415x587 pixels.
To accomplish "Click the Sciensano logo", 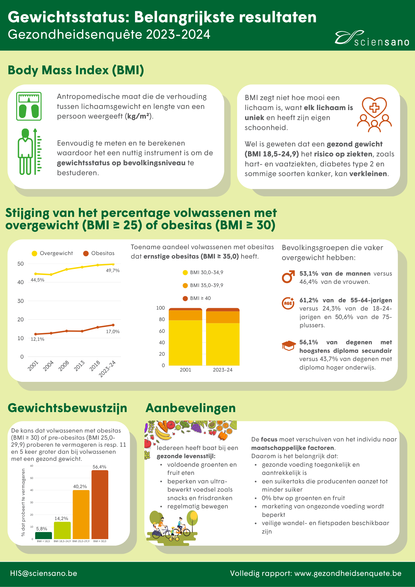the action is (372, 38).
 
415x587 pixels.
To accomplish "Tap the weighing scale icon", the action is (29, 106).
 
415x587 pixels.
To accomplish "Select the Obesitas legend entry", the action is (99, 253).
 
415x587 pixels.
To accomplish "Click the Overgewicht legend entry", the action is (52, 253).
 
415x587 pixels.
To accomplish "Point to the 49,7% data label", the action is (113, 271).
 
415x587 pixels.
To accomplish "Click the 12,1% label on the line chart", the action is (38, 339).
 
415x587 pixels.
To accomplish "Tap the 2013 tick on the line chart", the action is (79, 366).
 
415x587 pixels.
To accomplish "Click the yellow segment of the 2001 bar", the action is (185, 343).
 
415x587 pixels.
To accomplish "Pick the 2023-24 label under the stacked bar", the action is (223, 370).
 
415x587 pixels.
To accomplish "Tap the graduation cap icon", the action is (289, 345).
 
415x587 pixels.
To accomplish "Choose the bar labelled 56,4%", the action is (100, 505).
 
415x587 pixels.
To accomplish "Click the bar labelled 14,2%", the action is (62, 530).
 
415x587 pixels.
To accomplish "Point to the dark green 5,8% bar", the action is (43, 535).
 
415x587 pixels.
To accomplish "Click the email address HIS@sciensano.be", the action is (44, 573).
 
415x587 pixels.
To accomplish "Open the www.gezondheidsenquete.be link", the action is (348, 573).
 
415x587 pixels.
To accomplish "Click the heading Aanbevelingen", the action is (191, 408).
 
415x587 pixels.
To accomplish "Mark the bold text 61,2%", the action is (309, 300).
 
